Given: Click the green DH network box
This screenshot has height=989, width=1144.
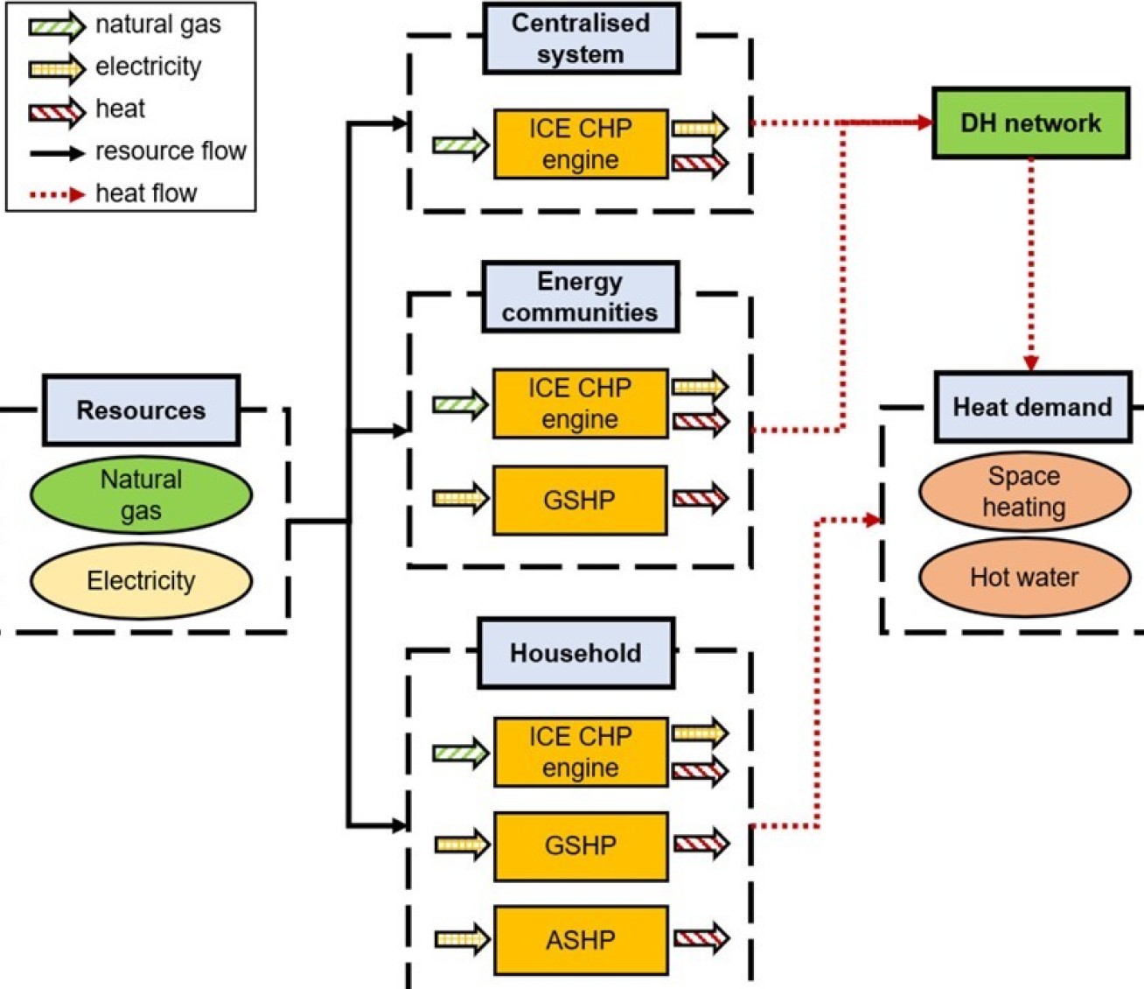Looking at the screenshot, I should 1030,123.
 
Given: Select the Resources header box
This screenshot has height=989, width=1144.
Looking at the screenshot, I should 141,410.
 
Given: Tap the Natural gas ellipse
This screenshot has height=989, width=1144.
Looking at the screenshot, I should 141,494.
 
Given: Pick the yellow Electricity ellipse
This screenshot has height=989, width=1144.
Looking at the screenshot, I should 141,580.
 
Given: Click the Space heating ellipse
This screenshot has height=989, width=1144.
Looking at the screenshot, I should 1024,491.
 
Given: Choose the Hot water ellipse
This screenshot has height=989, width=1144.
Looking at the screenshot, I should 1024,578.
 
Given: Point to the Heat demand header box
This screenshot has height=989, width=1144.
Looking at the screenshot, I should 1032,407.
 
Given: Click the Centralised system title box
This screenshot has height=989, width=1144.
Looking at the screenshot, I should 581,39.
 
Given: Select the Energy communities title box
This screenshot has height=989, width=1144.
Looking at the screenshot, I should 580,297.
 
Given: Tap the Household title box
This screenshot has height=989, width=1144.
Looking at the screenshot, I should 575,653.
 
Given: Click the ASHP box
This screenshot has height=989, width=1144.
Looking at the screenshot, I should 581,940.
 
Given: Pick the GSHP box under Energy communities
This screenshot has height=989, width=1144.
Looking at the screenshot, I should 580,500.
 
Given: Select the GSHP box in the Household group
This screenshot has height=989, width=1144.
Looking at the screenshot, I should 581,845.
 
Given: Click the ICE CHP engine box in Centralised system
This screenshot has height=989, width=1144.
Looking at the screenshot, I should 581,144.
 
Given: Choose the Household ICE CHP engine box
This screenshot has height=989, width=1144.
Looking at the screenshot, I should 581,752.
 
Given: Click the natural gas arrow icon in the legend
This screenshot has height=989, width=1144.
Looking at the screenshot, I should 57,25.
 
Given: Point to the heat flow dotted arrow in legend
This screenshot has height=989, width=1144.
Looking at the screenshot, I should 57,193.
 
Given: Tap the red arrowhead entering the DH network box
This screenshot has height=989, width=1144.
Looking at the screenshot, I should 924,123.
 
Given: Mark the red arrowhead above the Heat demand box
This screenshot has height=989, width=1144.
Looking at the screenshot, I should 1031,362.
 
